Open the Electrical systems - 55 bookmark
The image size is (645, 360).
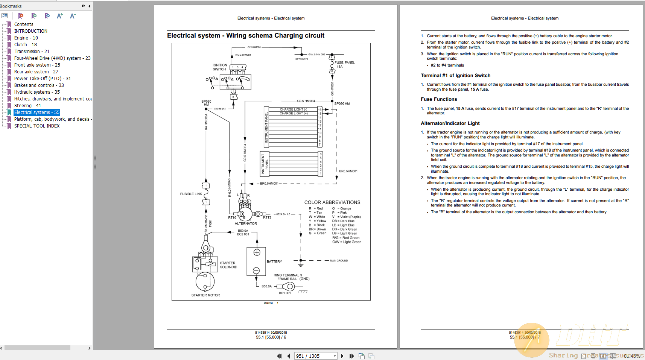click(x=37, y=112)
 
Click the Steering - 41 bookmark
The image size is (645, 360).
click(x=27, y=106)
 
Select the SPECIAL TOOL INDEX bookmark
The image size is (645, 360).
click(x=37, y=126)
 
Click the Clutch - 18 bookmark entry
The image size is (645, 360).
click(x=25, y=45)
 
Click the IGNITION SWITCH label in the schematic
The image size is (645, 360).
click(x=220, y=67)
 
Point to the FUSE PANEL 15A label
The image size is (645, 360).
click(x=344, y=65)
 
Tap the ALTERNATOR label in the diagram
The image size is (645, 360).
click(x=246, y=223)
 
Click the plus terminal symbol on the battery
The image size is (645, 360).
click(x=257, y=252)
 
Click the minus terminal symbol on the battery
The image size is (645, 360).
click(x=256, y=270)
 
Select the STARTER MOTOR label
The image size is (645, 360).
click(x=205, y=295)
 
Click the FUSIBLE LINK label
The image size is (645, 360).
click(x=191, y=194)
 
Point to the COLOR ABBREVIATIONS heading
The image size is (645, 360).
click(x=332, y=202)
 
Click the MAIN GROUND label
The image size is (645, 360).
click(x=339, y=261)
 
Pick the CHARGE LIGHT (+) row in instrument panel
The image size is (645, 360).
click(x=294, y=113)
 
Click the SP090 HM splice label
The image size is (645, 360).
click(x=342, y=103)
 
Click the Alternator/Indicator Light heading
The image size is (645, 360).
click(x=450, y=123)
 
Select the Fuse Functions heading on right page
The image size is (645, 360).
click(x=439, y=99)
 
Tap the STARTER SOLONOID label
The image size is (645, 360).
click(x=228, y=265)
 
